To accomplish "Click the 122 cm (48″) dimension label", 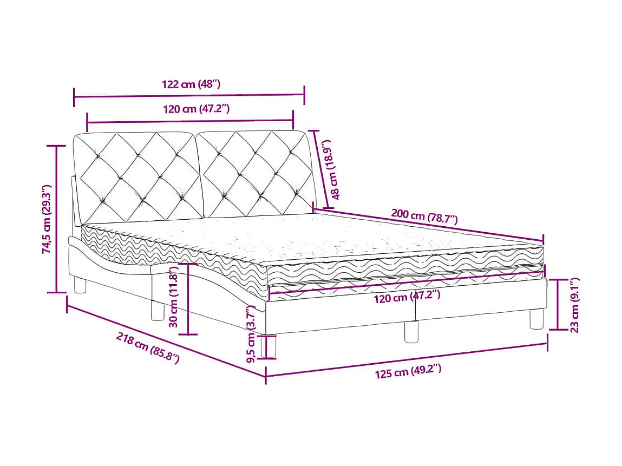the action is (191, 84).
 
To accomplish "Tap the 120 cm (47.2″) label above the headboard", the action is (197, 109).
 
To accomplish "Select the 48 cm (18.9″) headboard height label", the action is (329, 169).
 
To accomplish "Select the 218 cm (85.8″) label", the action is (147, 349).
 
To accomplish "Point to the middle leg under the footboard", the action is (411, 331).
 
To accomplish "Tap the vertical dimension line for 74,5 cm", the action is (56, 219).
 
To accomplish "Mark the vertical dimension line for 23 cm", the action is (559, 305).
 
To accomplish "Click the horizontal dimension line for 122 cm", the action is (189, 96).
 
